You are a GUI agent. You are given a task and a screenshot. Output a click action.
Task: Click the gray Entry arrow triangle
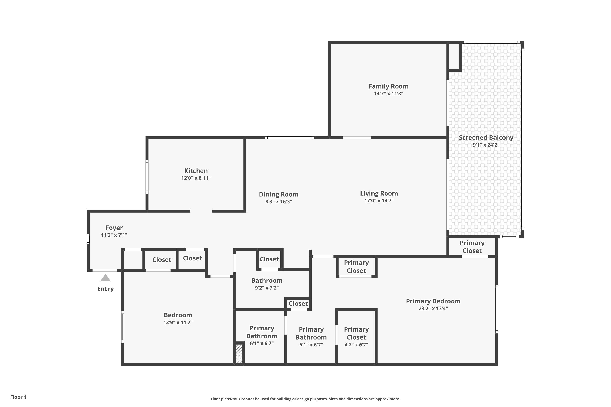click(105, 278)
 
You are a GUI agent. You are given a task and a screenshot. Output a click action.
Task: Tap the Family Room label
click(388, 86)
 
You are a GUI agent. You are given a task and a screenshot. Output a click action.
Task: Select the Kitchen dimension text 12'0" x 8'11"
click(196, 178)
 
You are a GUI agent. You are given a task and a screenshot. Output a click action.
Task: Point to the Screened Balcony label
click(486, 138)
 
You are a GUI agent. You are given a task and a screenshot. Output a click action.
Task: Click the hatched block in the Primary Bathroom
click(239, 353)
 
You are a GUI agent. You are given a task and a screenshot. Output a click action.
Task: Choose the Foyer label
click(114, 228)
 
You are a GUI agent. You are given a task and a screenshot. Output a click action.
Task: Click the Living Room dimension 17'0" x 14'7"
click(379, 201)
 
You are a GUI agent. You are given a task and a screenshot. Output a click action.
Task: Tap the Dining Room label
click(278, 194)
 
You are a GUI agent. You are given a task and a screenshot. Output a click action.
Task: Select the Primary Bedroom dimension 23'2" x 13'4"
click(433, 308)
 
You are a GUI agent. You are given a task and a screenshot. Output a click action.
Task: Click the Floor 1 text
click(18, 397)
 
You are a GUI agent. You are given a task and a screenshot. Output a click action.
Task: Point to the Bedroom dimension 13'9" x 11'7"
click(178, 322)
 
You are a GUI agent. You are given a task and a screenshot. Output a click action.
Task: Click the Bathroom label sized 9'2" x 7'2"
click(267, 281)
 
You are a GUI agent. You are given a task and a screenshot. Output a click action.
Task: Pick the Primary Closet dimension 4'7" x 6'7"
click(356, 345)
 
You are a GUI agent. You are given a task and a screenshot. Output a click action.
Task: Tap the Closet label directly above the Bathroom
click(269, 259)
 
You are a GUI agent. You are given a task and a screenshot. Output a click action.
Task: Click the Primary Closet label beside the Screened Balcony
click(472, 247)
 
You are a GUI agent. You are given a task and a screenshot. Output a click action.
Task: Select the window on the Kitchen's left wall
click(147, 177)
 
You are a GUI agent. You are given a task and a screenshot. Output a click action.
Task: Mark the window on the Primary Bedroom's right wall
click(497, 309)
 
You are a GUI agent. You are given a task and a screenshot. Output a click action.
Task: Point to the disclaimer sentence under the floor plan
click(305, 399)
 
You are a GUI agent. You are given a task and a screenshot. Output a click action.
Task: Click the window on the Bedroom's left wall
click(123, 327)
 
